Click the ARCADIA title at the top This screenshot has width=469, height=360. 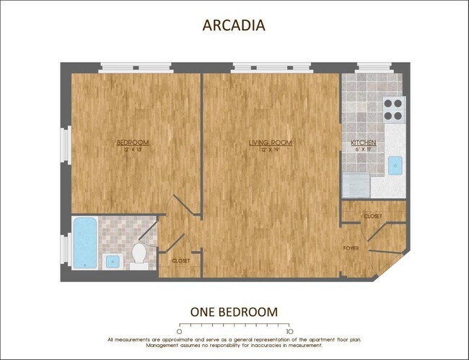pos(234,25)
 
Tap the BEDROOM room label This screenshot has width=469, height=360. pos(133,142)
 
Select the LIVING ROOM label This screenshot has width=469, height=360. pos(270,143)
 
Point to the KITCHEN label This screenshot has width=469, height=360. pos(363,143)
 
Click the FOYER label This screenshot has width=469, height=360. pos(351,248)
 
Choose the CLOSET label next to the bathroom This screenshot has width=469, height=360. pos(180,260)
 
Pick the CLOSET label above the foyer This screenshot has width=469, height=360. pos(373,216)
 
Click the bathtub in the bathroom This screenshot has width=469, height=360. pos(84,243)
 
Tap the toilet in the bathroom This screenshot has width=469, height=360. pos(139,255)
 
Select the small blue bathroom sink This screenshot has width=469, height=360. pos(111,260)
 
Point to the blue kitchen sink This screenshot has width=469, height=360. pos(395,165)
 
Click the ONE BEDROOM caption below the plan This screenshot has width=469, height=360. pos(234,312)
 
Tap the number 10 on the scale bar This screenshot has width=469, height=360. pos(289,331)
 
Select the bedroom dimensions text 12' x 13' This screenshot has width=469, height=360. pos(133,150)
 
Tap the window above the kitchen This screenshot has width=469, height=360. pos(374,68)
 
